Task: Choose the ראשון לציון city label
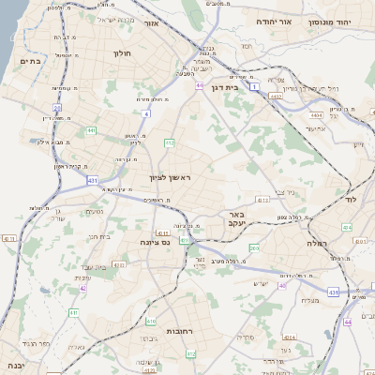[170, 177]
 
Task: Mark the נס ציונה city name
[152, 243]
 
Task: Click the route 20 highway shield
[57, 108]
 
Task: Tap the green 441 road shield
[91, 130]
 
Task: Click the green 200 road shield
[255, 247]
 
